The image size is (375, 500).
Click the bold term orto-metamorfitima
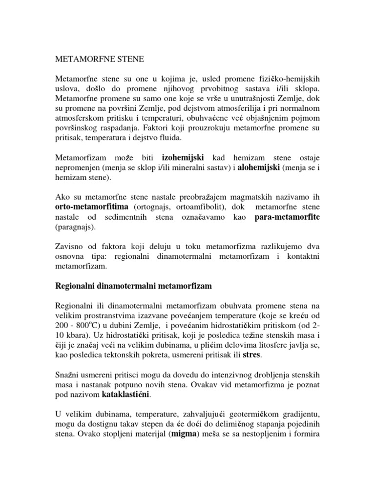87,207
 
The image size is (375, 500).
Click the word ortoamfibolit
170,207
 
